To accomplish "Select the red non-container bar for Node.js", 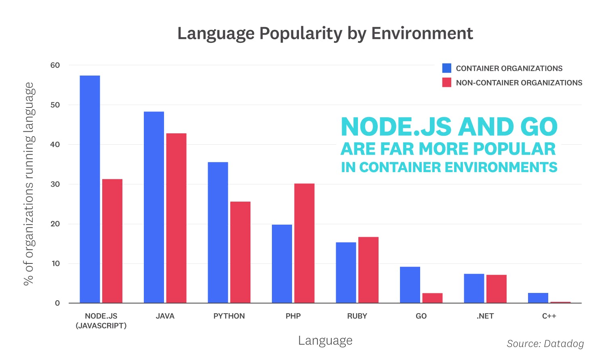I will tap(112, 241).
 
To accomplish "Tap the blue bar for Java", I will tap(154, 207).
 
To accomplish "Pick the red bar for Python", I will tap(240, 252).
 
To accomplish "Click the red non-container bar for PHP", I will tap(304, 243).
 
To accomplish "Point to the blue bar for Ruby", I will tap(346, 273).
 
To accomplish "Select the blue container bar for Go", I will tap(410, 285).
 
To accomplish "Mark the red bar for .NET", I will tap(497, 289).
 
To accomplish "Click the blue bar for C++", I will tap(538, 298).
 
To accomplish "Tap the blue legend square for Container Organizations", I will tap(447, 68).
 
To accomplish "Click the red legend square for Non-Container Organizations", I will tap(447, 82).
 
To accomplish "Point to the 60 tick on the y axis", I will tap(55, 65).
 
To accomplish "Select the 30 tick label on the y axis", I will tap(55, 184).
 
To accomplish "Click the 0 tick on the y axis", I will tap(57, 303).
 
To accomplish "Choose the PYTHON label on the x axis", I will tap(229, 316).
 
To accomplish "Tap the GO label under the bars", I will tap(421, 316).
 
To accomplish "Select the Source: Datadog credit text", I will tap(545, 343).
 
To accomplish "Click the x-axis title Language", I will tap(325, 341).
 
